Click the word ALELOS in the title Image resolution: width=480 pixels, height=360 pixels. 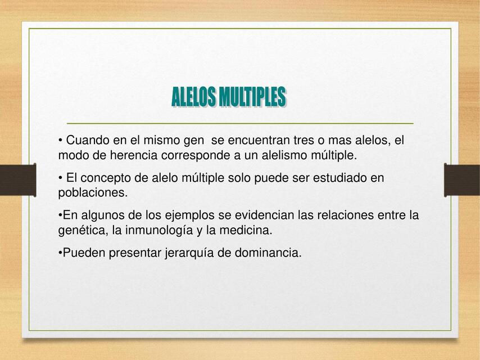tap(194, 97)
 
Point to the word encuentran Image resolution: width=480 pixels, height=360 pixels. tap(264, 140)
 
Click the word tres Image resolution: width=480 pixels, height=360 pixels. tap(304, 140)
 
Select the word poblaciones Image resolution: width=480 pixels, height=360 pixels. tap(93, 193)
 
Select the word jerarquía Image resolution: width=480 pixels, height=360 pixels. tap(189, 253)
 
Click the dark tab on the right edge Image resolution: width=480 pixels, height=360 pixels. tap(462, 180)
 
